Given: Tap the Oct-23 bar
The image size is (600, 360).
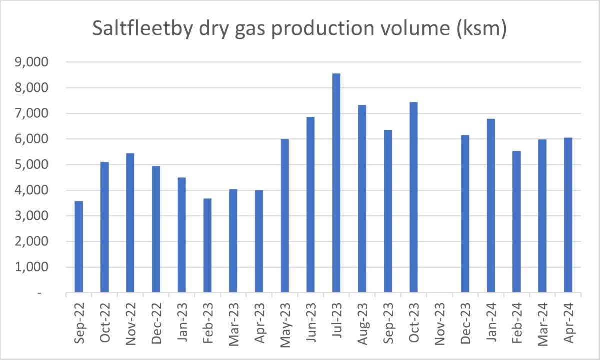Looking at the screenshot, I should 413,197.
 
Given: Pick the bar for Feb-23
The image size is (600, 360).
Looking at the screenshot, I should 207,245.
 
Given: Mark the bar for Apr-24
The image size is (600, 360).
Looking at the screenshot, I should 568,215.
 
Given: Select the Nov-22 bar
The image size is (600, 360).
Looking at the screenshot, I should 130,223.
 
